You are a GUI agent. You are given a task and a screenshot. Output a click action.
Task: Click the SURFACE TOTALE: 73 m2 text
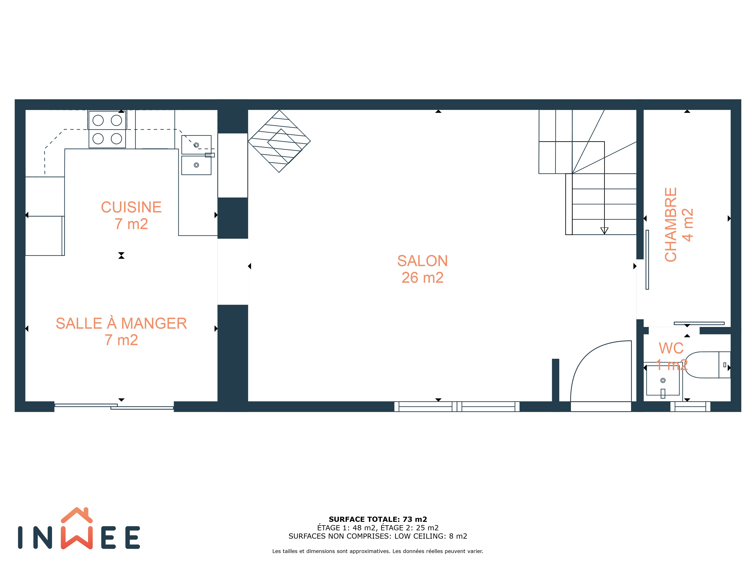[x=378, y=520]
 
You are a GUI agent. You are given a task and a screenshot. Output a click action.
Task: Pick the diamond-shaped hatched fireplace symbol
[x=279, y=141]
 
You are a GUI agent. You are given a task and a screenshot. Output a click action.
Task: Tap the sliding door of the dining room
[x=114, y=406]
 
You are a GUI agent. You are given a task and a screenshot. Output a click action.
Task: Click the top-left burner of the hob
[x=98, y=120]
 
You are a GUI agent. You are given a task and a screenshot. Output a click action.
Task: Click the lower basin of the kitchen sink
[x=196, y=165]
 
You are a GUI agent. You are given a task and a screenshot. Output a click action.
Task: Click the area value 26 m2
[x=422, y=277]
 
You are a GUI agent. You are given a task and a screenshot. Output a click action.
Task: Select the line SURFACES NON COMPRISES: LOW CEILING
[x=378, y=536]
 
